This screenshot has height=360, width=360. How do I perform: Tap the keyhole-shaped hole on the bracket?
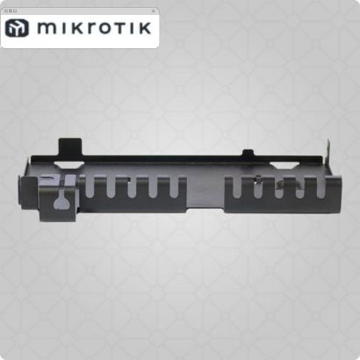[x=60, y=202]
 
